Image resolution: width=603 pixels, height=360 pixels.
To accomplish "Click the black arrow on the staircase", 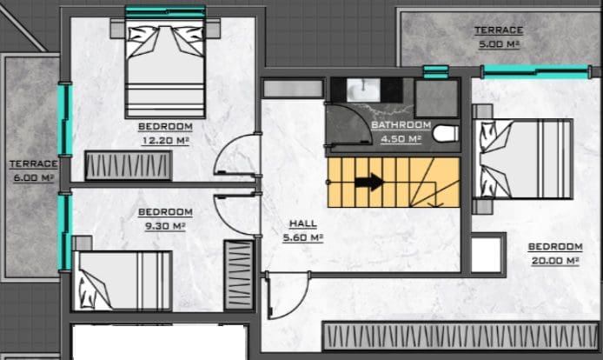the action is pos(369,182).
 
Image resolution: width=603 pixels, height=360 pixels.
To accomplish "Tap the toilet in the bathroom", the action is pos(446,134).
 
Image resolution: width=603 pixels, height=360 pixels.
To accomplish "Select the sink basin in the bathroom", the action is pos(363,90).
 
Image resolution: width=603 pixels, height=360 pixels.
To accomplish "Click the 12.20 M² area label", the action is pos(166,141).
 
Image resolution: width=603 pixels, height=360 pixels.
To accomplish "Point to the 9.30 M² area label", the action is pos(165,226).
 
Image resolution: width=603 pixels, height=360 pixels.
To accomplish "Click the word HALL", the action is pos(303,223).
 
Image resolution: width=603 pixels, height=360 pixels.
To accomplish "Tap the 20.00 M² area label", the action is pos(555,261).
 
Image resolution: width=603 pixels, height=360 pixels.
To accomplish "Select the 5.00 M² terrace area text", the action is pos(499,44).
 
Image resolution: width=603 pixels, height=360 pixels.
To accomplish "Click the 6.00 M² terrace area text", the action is pos(34,178).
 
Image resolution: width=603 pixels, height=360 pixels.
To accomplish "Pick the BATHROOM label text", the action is pos(401,124).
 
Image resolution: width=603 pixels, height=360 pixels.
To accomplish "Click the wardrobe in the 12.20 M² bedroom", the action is pos(129,165).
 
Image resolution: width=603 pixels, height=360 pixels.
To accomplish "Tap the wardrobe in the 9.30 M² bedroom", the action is pos(239,275).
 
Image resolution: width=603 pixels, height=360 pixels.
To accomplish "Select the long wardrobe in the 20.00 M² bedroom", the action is pos(461,337).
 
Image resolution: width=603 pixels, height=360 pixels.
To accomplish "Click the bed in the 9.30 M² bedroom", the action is pos(123,280).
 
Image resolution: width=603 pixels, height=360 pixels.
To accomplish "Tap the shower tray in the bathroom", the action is pos(437,98).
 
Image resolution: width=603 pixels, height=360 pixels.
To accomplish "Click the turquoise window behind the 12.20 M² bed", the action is pos(165,11).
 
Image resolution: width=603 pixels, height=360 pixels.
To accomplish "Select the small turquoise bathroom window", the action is pos(436,72).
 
